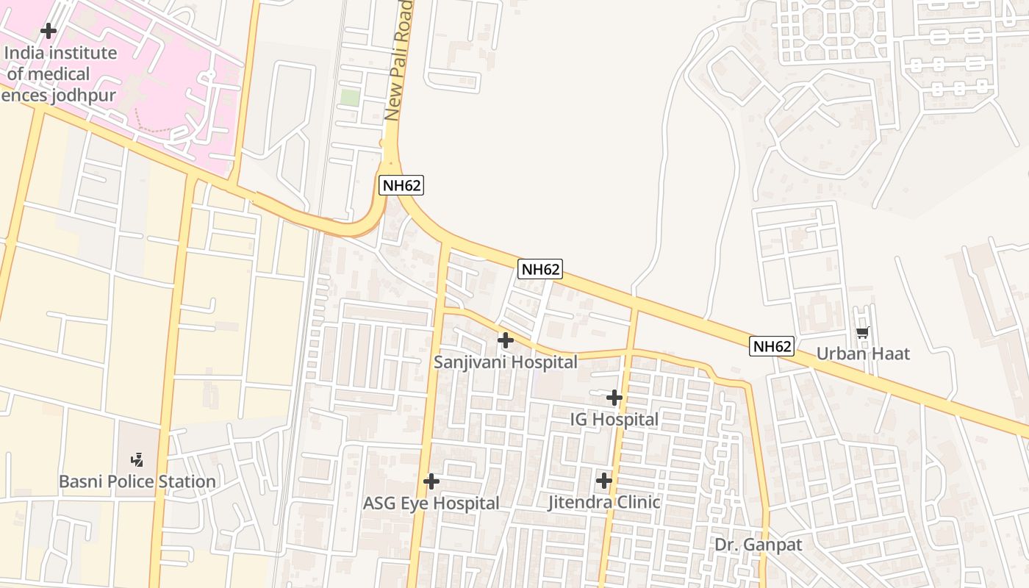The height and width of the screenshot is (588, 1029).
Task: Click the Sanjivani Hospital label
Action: click(505, 362)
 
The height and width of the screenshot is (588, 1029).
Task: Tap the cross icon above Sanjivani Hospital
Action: click(505, 340)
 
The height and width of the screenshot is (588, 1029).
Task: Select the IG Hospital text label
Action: click(614, 420)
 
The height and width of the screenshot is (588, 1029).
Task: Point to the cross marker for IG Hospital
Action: click(614, 398)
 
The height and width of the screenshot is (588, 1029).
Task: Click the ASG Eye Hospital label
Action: click(431, 503)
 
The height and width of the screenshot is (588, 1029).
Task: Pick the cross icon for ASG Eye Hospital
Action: click(431, 481)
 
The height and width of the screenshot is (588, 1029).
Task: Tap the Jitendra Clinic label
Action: click(604, 502)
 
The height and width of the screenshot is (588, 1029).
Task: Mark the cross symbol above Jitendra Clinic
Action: click(604, 481)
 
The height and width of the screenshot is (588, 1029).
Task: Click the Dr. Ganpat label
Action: click(759, 545)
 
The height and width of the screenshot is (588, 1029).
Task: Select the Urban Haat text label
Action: click(863, 354)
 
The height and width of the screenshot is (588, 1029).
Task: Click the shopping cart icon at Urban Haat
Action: click(863, 333)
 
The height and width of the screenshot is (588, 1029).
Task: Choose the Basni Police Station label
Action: click(137, 481)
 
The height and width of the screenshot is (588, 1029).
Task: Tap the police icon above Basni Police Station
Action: click(137, 460)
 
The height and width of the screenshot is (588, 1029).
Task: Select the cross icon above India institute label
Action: click(49, 31)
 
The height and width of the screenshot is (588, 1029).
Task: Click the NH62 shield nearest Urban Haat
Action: click(772, 346)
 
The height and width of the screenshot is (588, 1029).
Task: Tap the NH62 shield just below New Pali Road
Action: click(401, 185)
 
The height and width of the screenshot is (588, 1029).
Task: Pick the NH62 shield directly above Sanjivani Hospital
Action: click(540, 270)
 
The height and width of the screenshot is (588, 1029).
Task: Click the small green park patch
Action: click(351, 97)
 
